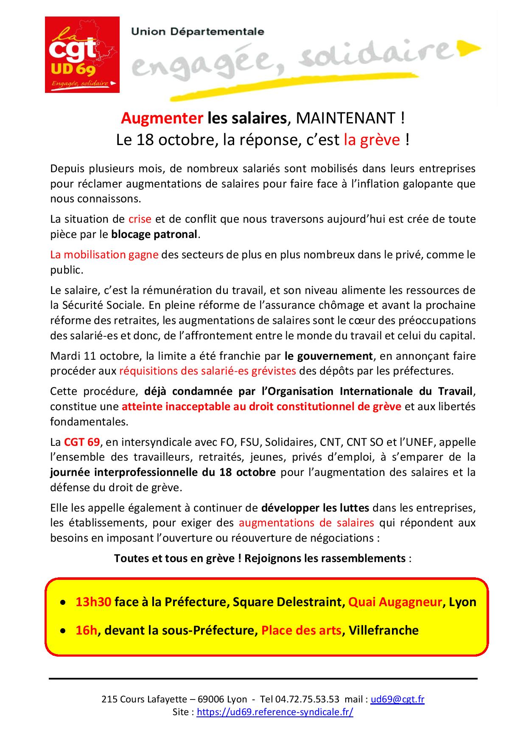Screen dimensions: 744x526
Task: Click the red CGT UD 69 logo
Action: point(82,54)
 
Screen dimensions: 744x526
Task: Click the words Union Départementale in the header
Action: point(198,32)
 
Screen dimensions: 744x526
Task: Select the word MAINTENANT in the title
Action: point(345,118)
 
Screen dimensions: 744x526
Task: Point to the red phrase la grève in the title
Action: point(372,140)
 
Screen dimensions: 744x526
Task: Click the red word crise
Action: point(140,219)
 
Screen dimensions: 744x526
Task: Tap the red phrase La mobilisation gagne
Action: point(104,255)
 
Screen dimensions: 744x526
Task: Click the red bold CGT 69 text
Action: point(82,442)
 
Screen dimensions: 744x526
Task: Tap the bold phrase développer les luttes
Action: point(315,507)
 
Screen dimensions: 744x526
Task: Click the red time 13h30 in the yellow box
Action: point(93,602)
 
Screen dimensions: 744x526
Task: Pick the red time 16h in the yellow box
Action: point(86,630)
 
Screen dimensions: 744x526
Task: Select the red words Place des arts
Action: point(301,630)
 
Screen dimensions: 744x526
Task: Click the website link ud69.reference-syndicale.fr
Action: point(275,712)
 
